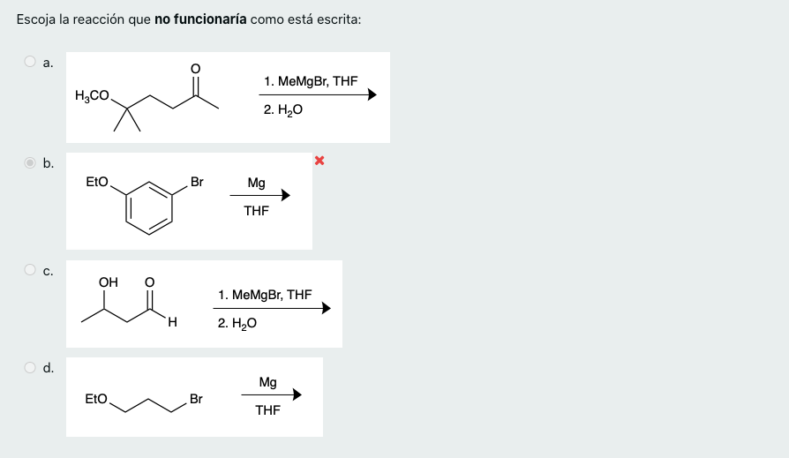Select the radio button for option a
click(x=30, y=62)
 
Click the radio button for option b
click(x=30, y=162)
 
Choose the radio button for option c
click(x=30, y=270)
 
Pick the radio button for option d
click(x=30, y=367)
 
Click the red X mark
click(x=319, y=161)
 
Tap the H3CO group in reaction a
click(x=92, y=96)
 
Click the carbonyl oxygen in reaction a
click(x=195, y=68)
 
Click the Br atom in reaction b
click(x=197, y=182)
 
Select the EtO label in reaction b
click(x=97, y=182)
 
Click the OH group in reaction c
click(x=109, y=282)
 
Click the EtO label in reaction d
click(x=96, y=399)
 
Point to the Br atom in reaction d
click(x=196, y=399)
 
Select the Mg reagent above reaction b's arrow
click(x=256, y=183)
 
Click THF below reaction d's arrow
click(x=267, y=410)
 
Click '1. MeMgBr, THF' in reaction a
click(x=310, y=81)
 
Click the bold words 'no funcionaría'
click(x=200, y=19)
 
